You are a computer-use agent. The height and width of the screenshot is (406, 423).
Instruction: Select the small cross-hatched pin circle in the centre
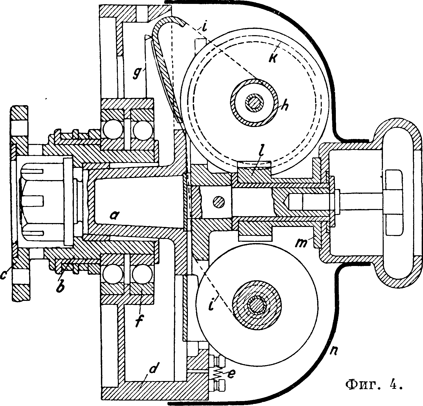219,202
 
